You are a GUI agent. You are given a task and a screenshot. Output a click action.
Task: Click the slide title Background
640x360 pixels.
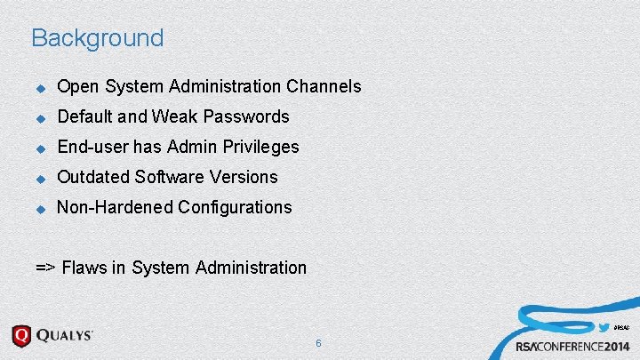click(x=97, y=38)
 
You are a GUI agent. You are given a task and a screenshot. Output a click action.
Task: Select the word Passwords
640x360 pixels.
click(x=246, y=116)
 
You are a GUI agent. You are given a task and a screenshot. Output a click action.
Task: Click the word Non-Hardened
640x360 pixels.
click(x=115, y=207)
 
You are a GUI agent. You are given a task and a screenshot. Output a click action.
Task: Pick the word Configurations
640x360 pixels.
click(x=235, y=207)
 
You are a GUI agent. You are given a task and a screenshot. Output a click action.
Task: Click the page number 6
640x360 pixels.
click(x=318, y=342)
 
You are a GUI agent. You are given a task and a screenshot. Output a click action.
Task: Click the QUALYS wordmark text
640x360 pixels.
click(x=65, y=337)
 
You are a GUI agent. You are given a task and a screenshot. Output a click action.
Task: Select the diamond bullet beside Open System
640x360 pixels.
click(x=39, y=87)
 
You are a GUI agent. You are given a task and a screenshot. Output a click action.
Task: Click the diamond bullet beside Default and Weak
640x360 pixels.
click(x=39, y=117)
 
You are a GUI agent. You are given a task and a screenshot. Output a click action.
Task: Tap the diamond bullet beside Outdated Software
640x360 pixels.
click(x=39, y=178)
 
